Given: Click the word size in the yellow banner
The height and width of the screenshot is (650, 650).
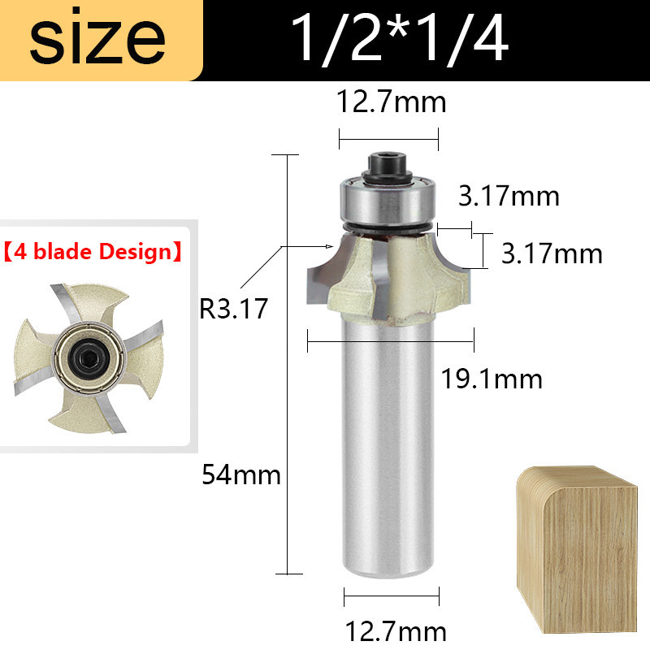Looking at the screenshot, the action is tap(97, 37).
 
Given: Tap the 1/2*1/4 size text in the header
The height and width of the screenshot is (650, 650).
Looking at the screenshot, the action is tap(400, 38).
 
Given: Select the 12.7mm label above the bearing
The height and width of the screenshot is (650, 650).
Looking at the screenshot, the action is tap(391, 102).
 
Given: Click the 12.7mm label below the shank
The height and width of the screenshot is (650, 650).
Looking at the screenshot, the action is tap(395, 631).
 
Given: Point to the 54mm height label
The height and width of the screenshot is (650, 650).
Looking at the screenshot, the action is tap(240, 474).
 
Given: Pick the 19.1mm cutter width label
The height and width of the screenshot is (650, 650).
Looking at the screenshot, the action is tap(492, 379).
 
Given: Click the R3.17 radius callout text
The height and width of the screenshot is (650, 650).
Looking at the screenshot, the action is tap(233, 309).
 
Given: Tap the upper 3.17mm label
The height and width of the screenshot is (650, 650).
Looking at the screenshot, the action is tap(509, 196).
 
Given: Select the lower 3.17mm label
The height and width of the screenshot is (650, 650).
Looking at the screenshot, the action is tap(552, 253).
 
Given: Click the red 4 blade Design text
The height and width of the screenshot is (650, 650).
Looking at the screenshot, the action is tap(93, 252).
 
